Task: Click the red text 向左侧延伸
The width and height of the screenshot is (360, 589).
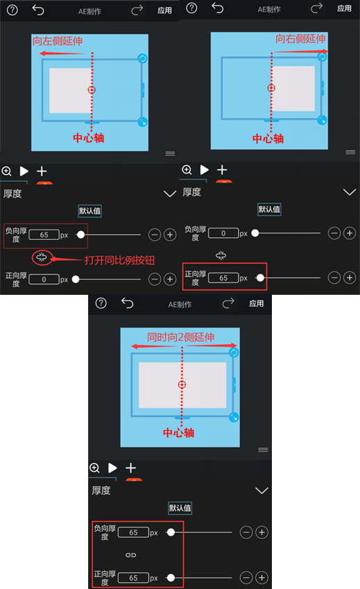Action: click(x=58, y=42)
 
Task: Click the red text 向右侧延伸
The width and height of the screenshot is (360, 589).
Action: click(x=300, y=39)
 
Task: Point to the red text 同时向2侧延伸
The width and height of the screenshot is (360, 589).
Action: click(x=180, y=337)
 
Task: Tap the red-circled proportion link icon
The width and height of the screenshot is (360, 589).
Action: click(x=42, y=258)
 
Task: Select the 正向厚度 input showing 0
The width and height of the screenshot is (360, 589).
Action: click(x=44, y=279)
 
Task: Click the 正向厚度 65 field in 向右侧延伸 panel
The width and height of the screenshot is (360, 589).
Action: click(x=223, y=278)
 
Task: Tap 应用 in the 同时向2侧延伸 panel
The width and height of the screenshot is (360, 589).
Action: click(x=257, y=303)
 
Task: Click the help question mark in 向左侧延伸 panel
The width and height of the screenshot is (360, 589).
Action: click(x=13, y=9)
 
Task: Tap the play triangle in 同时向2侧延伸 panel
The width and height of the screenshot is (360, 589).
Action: click(x=112, y=468)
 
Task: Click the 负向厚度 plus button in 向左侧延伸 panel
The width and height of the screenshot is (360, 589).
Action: click(x=169, y=235)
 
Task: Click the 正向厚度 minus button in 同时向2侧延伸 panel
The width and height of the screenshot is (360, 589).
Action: click(x=246, y=577)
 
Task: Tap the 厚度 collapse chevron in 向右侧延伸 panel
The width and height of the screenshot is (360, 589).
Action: click(x=350, y=192)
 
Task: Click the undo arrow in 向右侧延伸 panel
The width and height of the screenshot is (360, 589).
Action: click(x=218, y=8)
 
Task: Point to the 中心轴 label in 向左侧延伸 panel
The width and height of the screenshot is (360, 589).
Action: click(x=89, y=138)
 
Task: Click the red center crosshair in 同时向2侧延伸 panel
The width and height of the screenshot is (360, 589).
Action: click(x=182, y=384)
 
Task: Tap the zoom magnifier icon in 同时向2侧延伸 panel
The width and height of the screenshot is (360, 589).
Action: click(x=95, y=468)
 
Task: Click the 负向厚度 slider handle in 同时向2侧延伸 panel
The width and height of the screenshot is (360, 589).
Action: click(x=171, y=533)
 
